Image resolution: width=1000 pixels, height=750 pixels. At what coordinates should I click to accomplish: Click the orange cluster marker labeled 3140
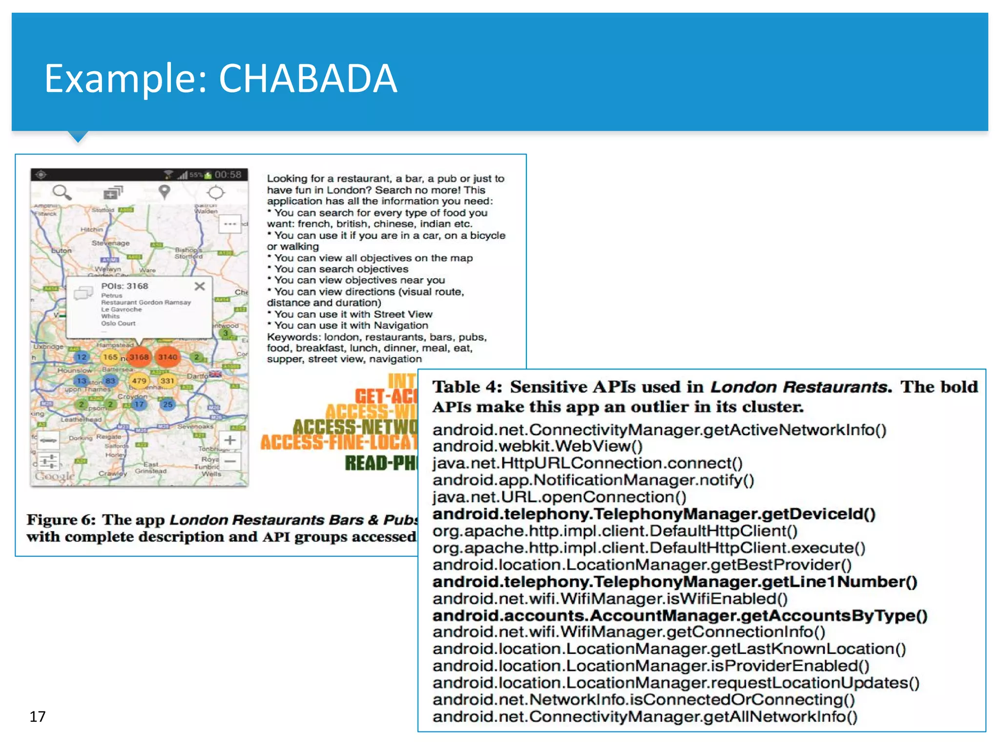pyautogui.click(x=167, y=357)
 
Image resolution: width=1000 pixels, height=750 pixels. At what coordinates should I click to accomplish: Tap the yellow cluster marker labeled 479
pyautogui.click(x=139, y=381)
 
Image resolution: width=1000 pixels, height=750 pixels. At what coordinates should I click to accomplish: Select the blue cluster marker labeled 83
pyautogui.click(x=110, y=381)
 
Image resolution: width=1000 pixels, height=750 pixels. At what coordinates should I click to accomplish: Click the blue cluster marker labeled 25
pyautogui.click(x=168, y=404)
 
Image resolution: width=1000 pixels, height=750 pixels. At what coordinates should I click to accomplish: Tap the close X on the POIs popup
pyautogui.click(x=200, y=287)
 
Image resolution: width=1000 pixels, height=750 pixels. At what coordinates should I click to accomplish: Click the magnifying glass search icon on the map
pyautogui.click(x=62, y=193)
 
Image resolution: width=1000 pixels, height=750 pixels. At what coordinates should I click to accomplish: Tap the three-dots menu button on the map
pyautogui.click(x=229, y=225)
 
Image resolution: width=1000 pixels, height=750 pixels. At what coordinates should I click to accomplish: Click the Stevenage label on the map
pyautogui.click(x=111, y=243)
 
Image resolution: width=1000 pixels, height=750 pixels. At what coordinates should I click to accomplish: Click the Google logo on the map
pyautogui.click(x=55, y=476)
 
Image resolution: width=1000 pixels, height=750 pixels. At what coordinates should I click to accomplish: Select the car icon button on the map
pyautogui.click(x=48, y=440)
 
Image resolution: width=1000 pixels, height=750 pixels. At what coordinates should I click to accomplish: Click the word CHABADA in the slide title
pyautogui.click(x=308, y=79)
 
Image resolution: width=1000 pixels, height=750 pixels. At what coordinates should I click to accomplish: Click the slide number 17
pyautogui.click(x=38, y=717)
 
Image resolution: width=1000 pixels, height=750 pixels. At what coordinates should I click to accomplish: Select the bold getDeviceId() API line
pyautogui.click(x=654, y=514)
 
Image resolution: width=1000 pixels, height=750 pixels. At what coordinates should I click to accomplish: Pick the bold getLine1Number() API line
pyautogui.click(x=675, y=582)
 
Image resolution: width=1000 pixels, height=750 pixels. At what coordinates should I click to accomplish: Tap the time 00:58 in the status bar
pyautogui.click(x=228, y=175)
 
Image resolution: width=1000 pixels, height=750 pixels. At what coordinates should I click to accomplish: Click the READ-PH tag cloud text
pyautogui.click(x=381, y=463)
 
